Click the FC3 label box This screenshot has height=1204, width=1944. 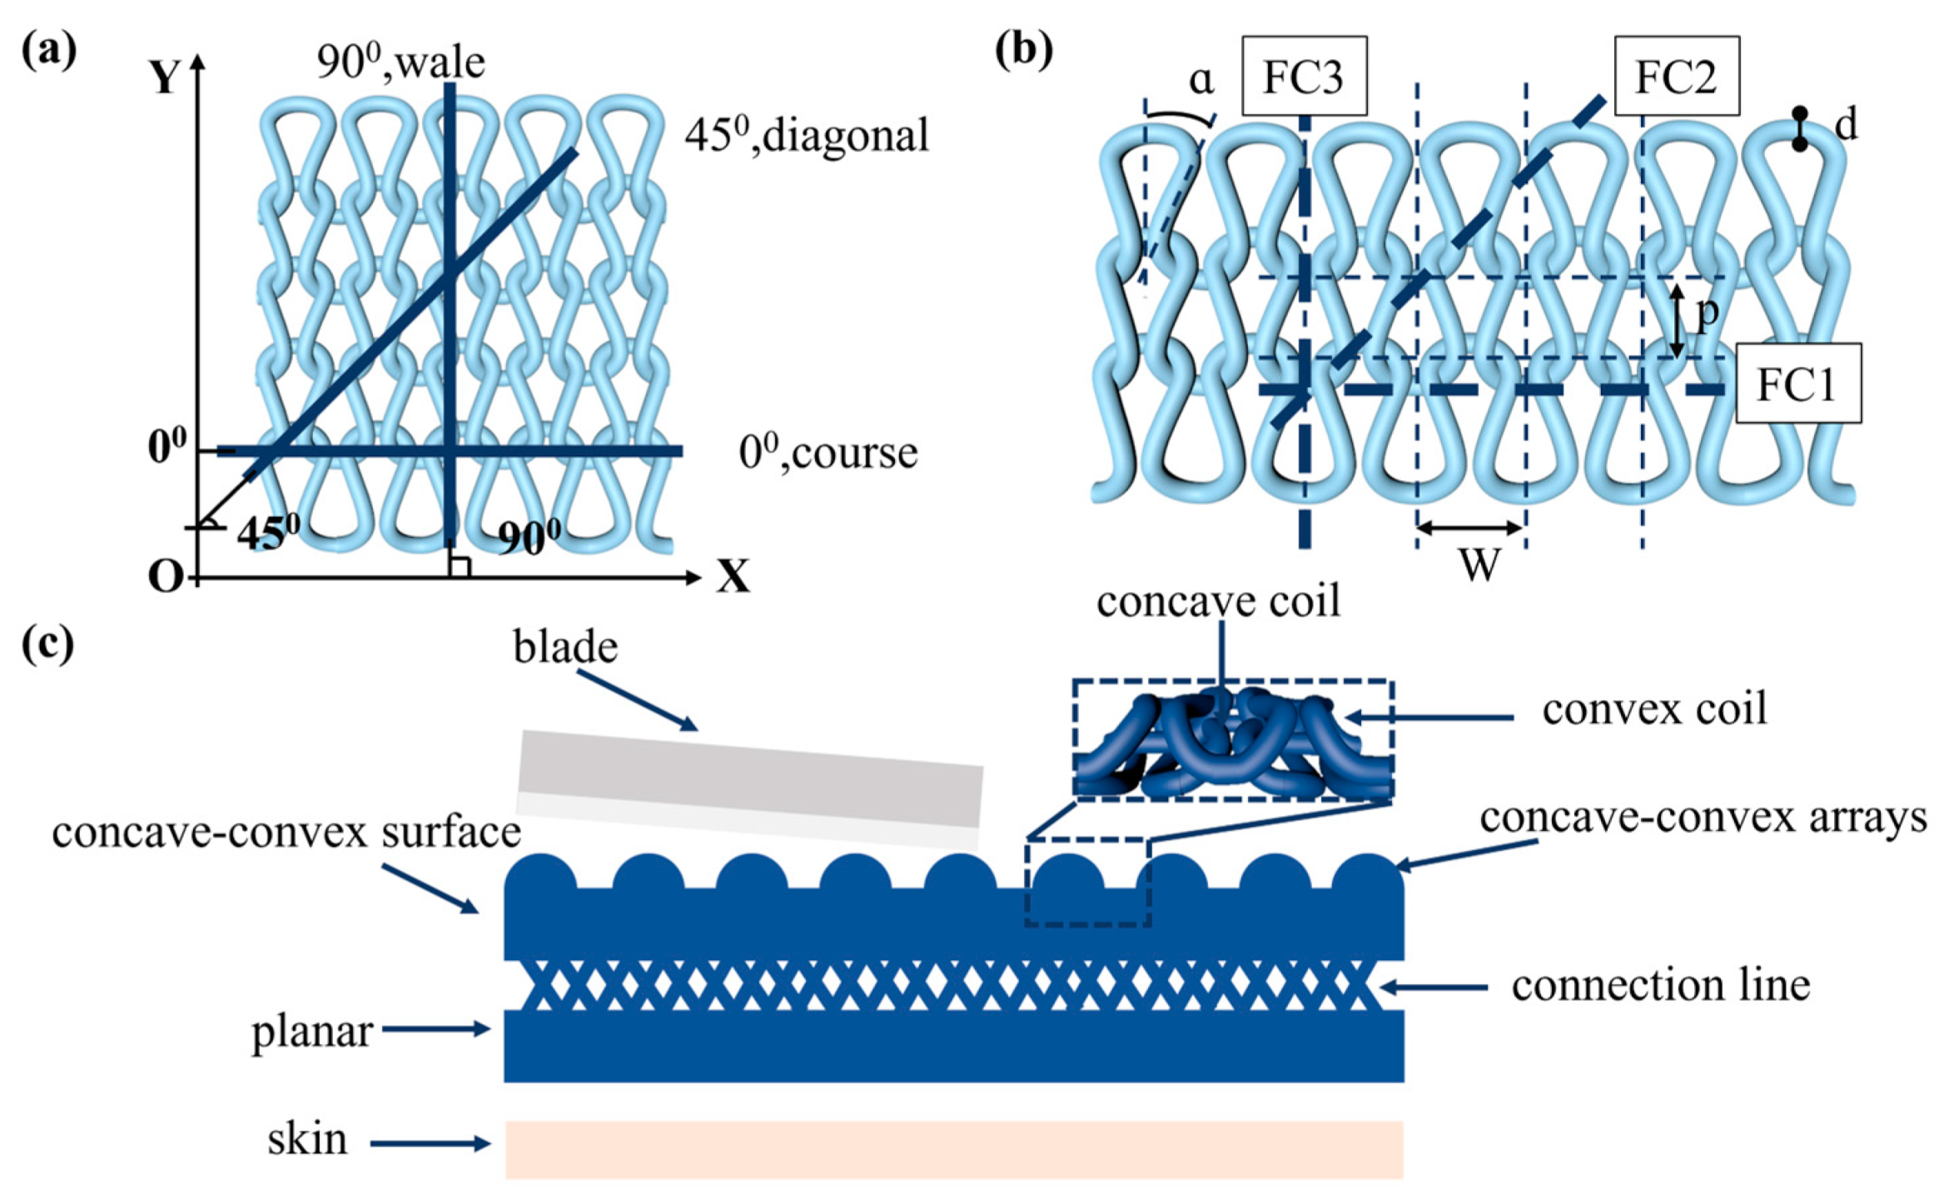click(x=1304, y=76)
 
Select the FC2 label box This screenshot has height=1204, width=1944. click(x=1676, y=76)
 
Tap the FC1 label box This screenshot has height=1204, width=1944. click(x=1798, y=384)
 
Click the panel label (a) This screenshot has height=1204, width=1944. click(x=48, y=50)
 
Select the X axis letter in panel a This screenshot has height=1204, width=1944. click(x=733, y=575)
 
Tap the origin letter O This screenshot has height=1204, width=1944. click(x=164, y=576)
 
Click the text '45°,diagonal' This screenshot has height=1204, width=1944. click(x=806, y=135)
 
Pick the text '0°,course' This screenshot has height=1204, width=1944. click(x=828, y=453)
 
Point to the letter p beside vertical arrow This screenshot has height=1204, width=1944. click(x=1707, y=316)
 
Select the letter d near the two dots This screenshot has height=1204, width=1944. click(x=1846, y=127)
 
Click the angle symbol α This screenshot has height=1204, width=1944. click(x=1201, y=81)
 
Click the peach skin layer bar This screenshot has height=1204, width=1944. click(x=954, y=1149)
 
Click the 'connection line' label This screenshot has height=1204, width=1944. click(x=1661, y=986)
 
